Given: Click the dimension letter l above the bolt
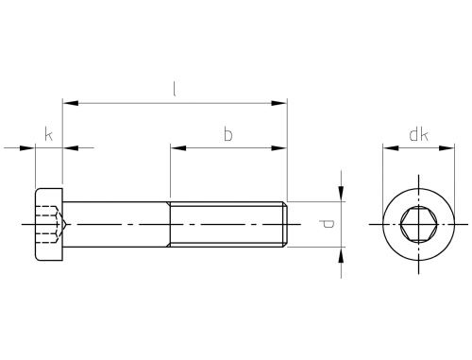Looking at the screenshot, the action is point(175,89).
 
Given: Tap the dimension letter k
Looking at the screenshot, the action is point(48,134).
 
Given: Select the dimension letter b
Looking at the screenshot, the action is point(228,134).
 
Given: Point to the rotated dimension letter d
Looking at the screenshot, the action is point(327,224).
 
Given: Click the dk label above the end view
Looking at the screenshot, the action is point(418,134).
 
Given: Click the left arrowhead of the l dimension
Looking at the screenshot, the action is point(70,103).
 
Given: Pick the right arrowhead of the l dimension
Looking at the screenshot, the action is point(279,103).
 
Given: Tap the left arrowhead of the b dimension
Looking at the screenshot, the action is point(178,148).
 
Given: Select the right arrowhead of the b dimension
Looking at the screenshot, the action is point(279,148).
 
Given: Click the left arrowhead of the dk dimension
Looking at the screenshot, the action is point(391,148).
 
